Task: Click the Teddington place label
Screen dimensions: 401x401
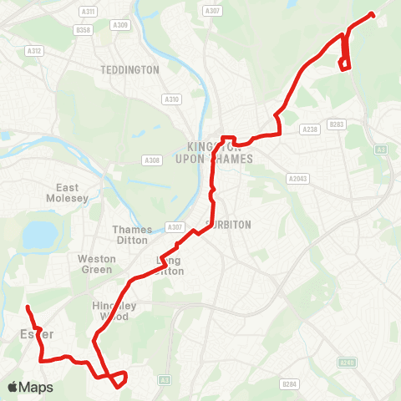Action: tap(129, 70)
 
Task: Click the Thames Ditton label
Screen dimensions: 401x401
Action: tap(132, 235)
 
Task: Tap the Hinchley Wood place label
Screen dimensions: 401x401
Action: tap(109, 312)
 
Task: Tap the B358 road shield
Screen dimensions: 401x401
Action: tap(82, 30)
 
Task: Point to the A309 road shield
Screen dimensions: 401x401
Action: tap(121, 25)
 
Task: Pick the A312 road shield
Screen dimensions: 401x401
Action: tap(34, 51)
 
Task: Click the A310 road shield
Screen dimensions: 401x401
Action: tap(171, 99)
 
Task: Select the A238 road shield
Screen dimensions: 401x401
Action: tap(310, 129)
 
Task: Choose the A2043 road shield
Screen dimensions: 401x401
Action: tap(298, 179)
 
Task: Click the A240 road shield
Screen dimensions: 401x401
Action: tap(347, 363)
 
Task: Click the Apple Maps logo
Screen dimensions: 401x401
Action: tap(30, 387)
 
